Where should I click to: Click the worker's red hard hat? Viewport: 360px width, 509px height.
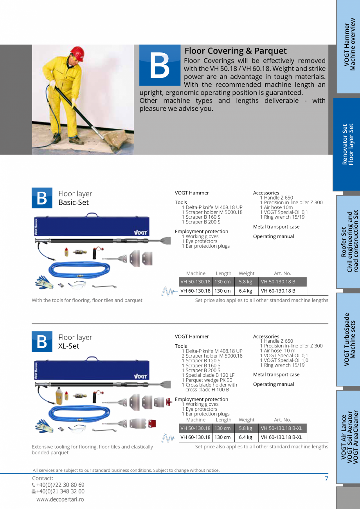77,54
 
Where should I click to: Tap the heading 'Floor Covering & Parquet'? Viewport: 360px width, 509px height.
236,51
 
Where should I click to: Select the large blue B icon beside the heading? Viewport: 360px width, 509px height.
160,65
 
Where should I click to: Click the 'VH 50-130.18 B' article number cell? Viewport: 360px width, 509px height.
283,282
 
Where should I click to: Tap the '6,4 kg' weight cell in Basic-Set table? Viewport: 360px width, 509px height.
246,291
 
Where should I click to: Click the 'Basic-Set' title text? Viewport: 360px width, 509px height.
74,202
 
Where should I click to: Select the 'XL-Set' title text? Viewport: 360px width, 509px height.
69,346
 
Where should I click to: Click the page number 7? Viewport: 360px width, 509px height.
326,478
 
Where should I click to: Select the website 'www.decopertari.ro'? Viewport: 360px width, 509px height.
60,500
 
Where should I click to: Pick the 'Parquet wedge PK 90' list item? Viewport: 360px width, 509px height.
209,380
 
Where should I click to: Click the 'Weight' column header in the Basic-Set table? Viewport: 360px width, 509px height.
246,273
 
